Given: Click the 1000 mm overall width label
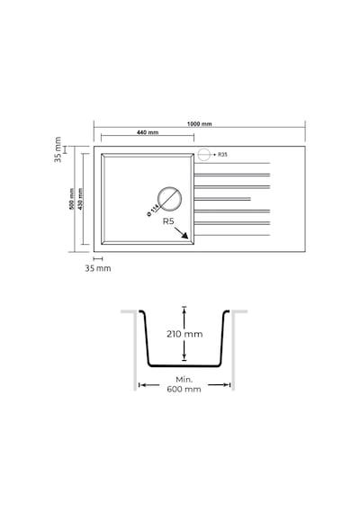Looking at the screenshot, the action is (x=199, y=124).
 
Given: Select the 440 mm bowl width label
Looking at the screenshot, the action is (x=148, y=132).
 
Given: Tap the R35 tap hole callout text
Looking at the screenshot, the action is (x=222, y=155).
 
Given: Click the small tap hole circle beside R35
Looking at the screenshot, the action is (x=204, y=155).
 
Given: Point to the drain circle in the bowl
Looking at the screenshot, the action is (x=169, y=199).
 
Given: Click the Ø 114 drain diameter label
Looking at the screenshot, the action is (x=152, y=210).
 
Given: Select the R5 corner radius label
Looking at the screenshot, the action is (x=168, y=221).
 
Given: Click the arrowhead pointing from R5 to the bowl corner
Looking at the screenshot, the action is (x=184, y=236).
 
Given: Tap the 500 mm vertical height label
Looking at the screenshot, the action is (x=72, y=199).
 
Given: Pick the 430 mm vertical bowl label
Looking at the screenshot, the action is (x=80, y=199).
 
